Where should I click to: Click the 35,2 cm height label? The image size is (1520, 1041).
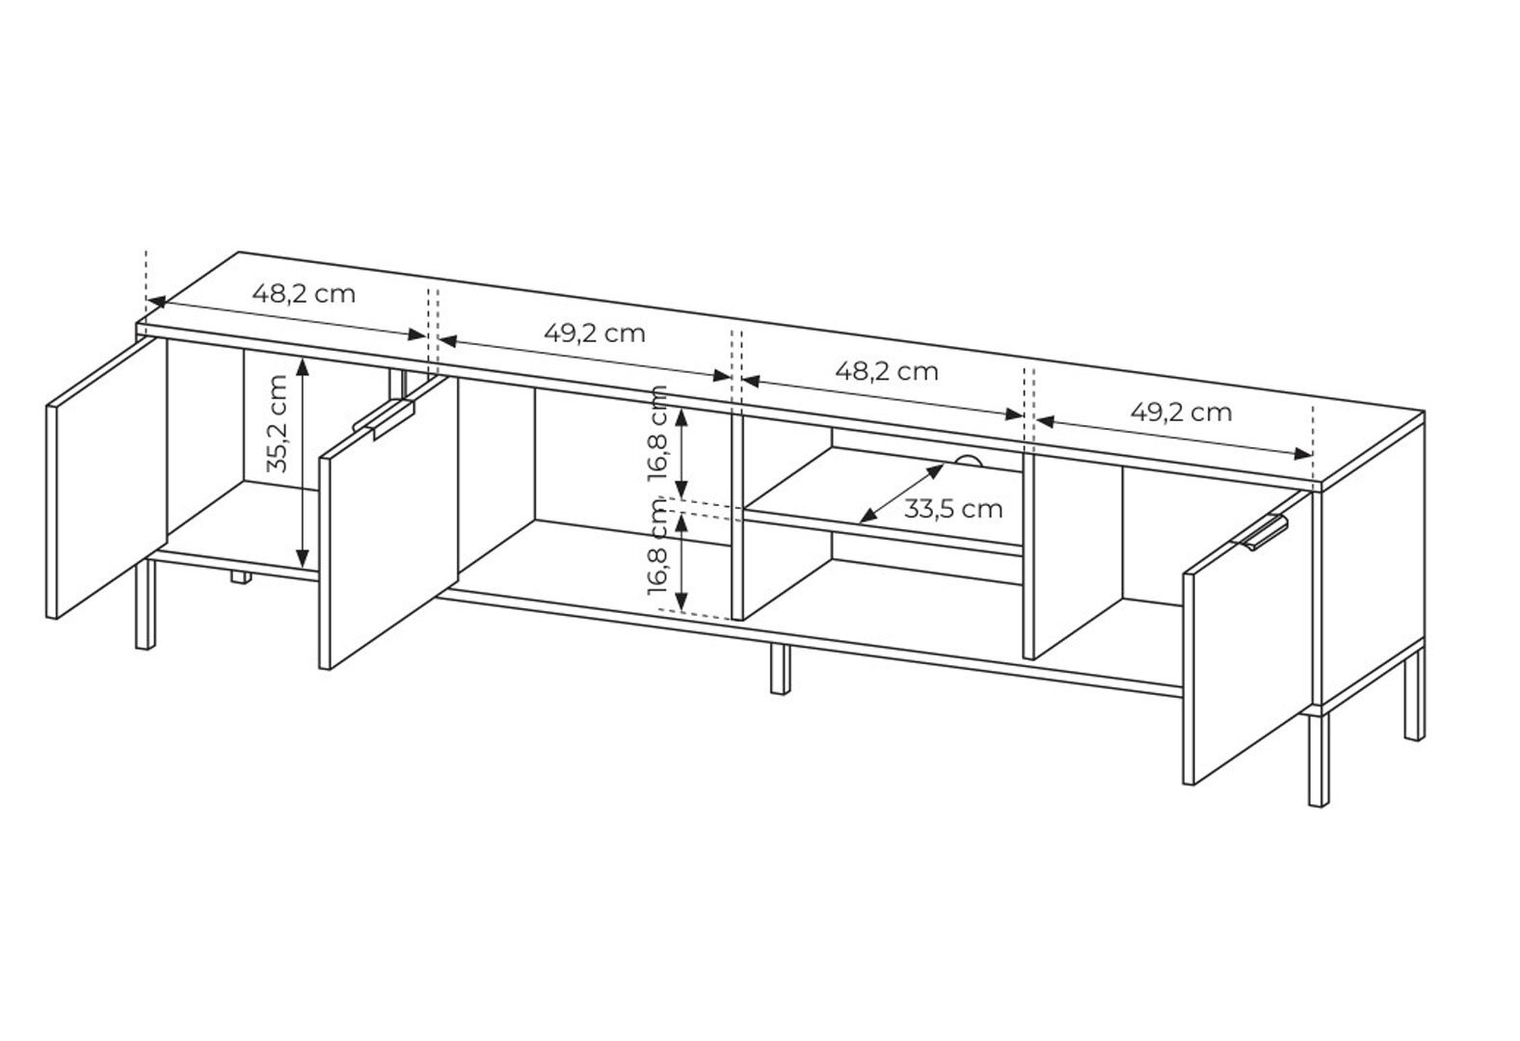coord(278,423)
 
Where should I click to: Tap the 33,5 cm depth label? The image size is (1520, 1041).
coord(952,509)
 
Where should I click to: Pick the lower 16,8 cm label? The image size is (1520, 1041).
coord(658,547)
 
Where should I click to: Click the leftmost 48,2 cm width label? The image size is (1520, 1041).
coord(304,294)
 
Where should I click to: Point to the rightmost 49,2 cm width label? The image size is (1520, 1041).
coord(1182,413)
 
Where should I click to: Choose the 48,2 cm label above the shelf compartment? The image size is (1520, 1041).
coord(886,372)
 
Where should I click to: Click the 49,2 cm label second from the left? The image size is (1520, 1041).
coord(595,334)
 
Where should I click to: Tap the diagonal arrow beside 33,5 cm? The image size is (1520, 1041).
coord(902,494)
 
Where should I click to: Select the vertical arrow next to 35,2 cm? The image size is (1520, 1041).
coord(304,463)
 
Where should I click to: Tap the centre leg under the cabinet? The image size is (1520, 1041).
coord(781,668)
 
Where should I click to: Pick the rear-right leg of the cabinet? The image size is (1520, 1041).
coord(1415,694)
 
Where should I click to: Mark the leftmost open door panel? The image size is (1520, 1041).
coord(107,478)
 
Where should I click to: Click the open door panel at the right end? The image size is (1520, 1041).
coord(1247,638)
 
